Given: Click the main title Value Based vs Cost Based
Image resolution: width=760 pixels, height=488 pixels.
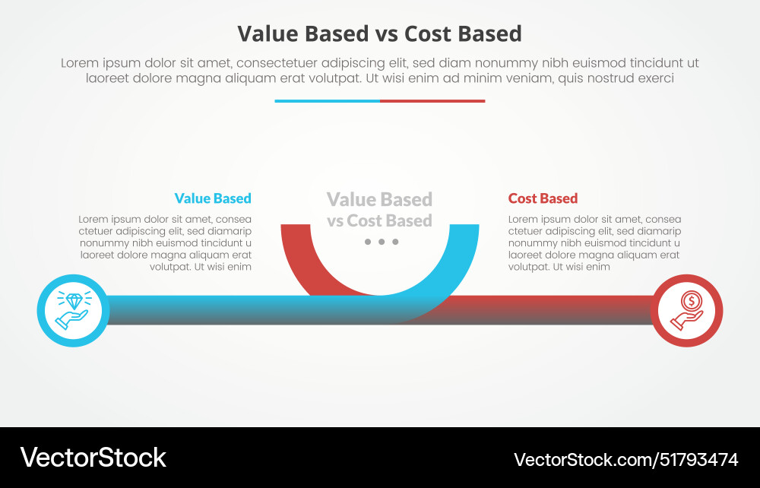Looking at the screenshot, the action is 379,34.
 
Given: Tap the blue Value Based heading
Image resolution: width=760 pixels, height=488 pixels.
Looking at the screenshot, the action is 213,198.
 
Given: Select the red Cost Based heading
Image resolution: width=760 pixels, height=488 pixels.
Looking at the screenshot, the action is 543,198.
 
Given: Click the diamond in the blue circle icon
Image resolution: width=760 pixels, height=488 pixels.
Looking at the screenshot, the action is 74,300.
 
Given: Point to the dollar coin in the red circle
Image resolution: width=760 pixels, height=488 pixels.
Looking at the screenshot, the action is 691,300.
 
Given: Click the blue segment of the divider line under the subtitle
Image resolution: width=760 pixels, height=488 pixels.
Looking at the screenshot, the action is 327,101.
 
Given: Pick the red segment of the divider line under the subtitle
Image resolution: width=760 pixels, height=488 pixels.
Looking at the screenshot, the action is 432,101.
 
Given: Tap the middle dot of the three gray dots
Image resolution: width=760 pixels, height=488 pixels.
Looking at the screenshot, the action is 382,241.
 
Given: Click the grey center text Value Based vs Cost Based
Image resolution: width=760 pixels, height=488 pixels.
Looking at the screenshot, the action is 379,210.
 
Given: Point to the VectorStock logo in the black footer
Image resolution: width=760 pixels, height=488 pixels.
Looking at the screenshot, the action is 93,458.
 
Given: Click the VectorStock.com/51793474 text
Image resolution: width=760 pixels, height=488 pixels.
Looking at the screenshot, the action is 625,459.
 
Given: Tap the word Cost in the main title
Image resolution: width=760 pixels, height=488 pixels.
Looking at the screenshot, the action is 427,34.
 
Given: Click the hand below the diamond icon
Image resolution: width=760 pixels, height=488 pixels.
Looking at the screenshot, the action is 71,320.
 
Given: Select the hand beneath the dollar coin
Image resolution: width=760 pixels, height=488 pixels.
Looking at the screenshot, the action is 686,321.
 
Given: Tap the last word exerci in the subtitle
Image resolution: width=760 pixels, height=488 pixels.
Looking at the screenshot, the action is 656,78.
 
